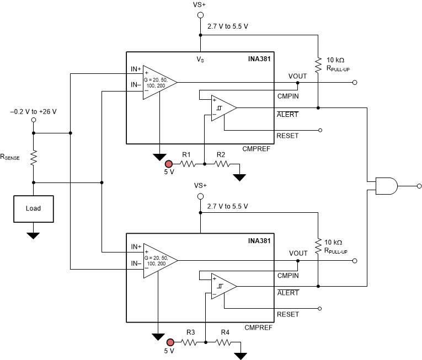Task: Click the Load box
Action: coord(33,209)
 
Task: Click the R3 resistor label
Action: coord(190,332)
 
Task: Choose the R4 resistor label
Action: coord(225,332)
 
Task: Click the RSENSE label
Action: coord(10,157)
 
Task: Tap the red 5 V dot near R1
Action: coord(169,164)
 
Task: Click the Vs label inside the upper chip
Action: coord(201,58)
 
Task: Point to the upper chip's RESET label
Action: coord(287,136)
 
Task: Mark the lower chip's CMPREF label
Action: coord(257,327)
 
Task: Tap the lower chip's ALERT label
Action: coord(287,293)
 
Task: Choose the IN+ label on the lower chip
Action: coord(136,247)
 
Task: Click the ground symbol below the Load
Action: coord(33,235)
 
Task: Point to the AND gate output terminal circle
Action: coord(419,186)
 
